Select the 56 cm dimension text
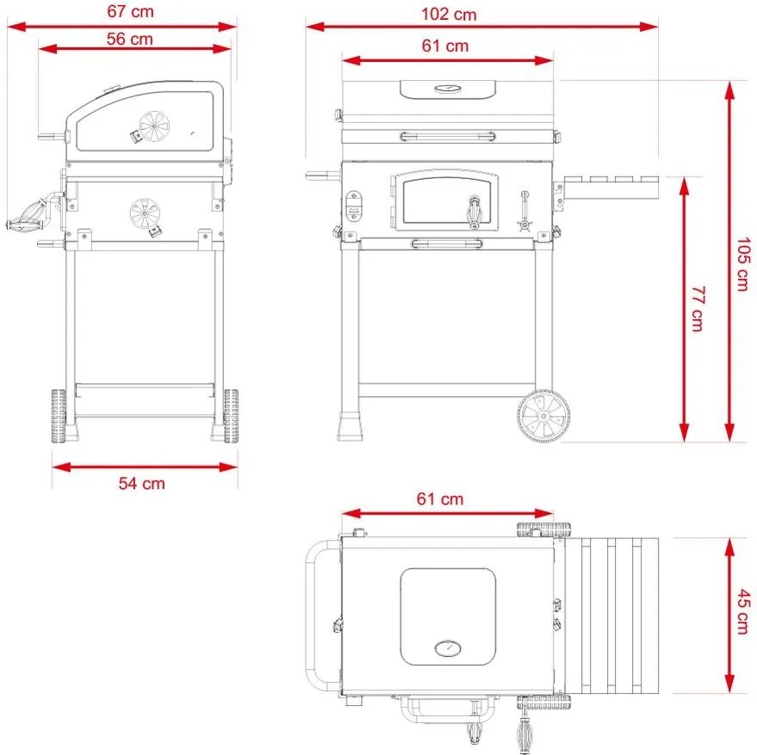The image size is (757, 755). [131, 38]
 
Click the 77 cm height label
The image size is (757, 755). [697, 308]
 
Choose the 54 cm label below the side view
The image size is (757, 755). [141, 483]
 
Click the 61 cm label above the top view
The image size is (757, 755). [440, 498]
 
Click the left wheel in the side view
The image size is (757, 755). [59, 416]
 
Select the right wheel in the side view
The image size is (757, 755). [231, 416]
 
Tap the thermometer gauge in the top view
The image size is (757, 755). [448, 648]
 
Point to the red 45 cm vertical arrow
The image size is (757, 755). [729, 612]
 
